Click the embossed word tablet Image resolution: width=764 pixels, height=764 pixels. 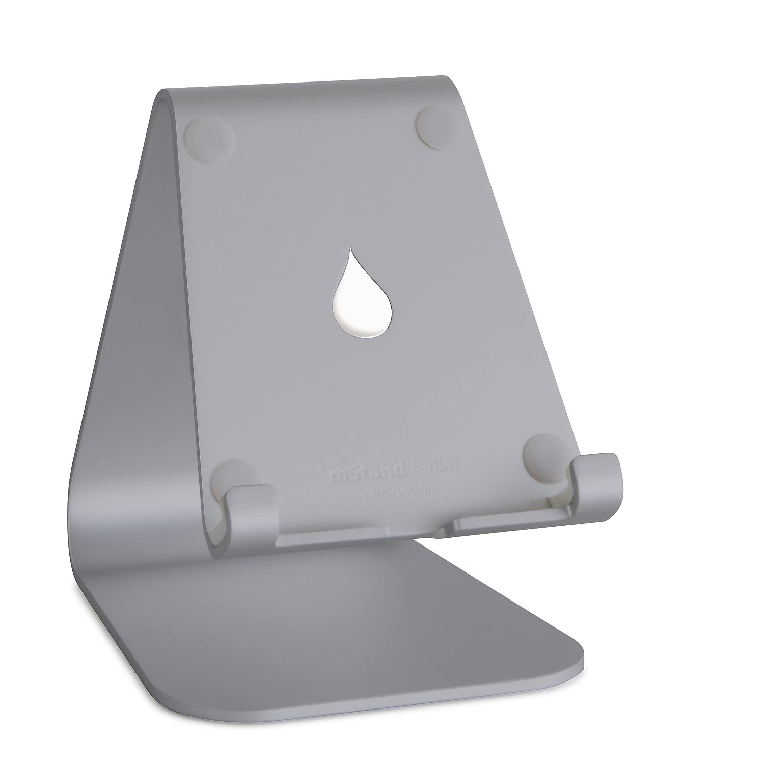[436, 467]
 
